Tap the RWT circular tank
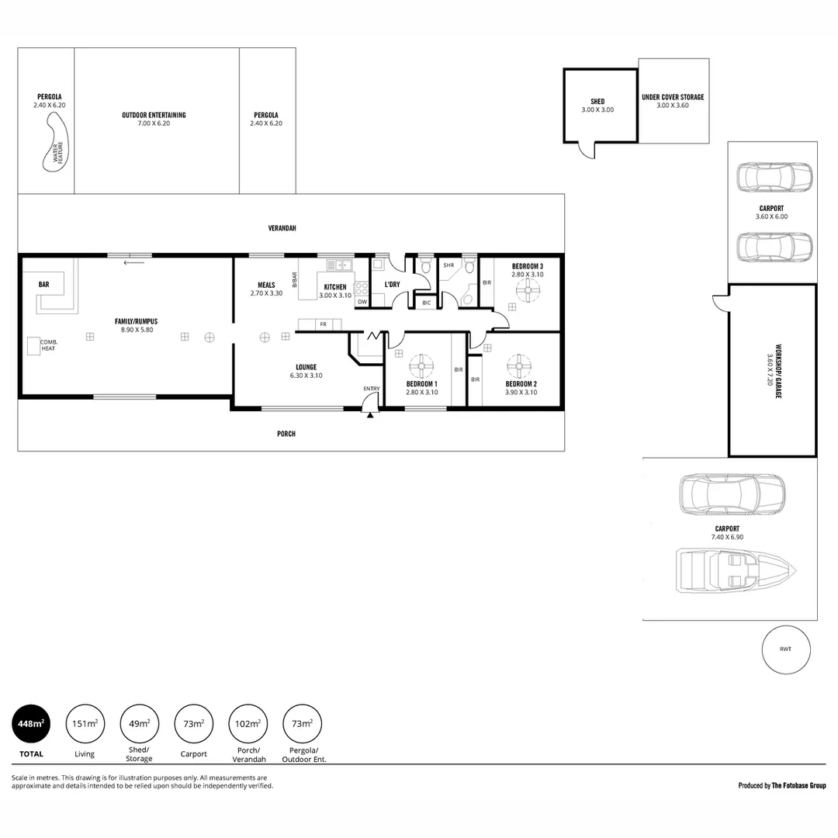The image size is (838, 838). point(785,649)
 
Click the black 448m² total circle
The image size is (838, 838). point(30,724)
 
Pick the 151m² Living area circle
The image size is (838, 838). point(85,724)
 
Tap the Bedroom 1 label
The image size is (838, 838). point(422,384)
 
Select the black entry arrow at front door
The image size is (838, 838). point(370,416)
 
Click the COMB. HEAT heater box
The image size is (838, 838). point(35,346)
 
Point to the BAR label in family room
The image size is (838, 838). point(44,285)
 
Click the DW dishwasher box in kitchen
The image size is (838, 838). point(362,302)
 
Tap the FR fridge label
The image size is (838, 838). point(322,324)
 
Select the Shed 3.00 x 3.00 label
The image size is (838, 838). point(597,106)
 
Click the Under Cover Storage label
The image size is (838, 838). point(673,97)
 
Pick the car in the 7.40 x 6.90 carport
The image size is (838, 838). point(732,494)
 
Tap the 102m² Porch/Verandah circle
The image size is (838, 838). point(248,724)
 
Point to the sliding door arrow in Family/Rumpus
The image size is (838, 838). point(133,262)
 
